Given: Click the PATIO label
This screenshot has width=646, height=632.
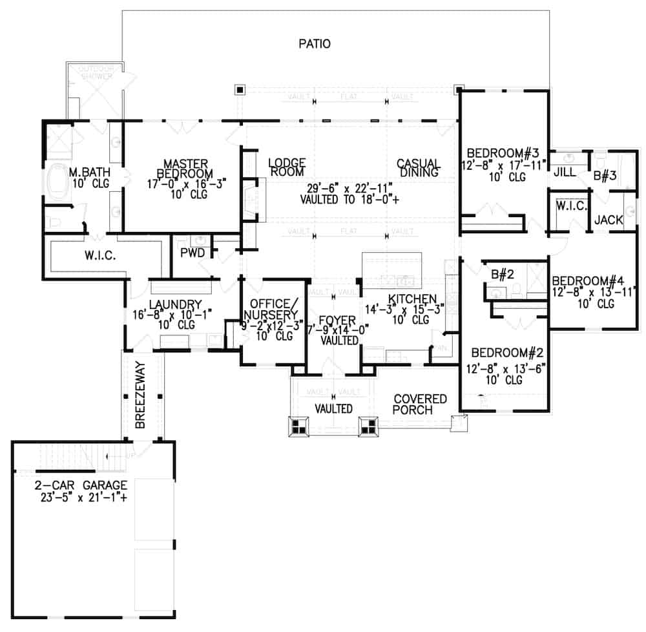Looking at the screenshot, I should click(x=315, y=44).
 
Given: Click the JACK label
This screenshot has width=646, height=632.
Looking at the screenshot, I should click(x=609, y=220).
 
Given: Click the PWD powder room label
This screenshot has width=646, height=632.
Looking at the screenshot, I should click(x=192, y=253).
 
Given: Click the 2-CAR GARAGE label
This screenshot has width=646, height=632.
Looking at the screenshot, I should click(x=81, y=485).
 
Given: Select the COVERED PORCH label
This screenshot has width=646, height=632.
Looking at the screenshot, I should click(x=420, y=405).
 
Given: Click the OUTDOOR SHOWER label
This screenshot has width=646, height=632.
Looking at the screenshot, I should click(x=96, y=72).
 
